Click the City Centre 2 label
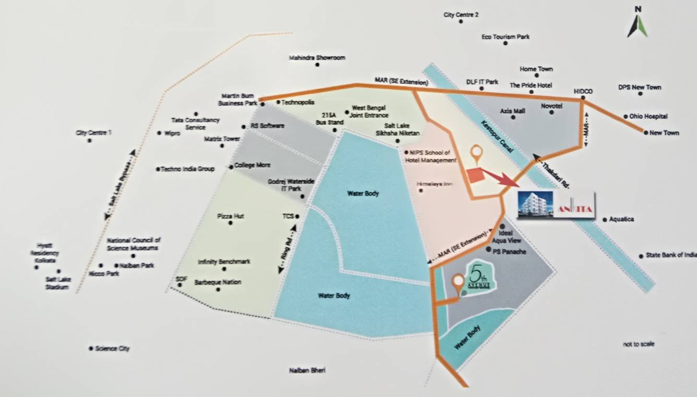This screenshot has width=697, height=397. point(461,15)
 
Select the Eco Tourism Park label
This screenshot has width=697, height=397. point(506,37)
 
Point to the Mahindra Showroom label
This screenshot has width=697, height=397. point(317,58)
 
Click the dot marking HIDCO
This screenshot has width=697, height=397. point(583,98)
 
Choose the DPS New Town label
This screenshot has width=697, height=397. point(639,87)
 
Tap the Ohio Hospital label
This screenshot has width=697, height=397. point(648,117)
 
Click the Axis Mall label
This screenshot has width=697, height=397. point(512,111)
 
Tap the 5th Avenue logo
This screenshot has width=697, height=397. point(479,279)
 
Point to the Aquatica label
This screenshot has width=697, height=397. point(621,219)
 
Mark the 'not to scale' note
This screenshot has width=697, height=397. point(639,344)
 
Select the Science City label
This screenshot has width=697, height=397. point(112,349)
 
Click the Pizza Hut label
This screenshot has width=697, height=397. point(230,216)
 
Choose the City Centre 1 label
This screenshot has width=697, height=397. point(93,133)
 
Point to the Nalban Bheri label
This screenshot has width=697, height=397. point(307,370)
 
